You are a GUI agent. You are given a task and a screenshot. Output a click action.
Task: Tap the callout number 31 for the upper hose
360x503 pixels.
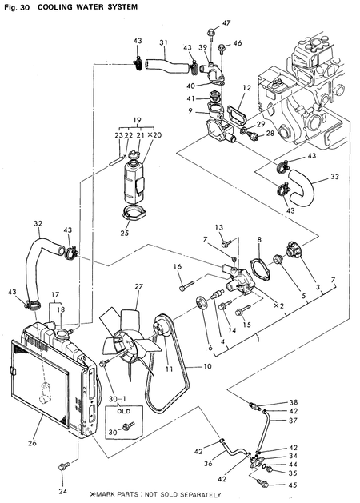163,42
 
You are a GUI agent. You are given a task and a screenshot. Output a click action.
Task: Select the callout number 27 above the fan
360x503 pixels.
138,286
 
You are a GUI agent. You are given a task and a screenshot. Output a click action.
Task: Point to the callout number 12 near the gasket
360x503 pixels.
247,87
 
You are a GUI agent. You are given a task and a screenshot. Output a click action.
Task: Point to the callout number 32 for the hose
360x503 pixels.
38,223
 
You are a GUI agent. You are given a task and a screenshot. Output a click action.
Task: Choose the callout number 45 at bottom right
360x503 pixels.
293,485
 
